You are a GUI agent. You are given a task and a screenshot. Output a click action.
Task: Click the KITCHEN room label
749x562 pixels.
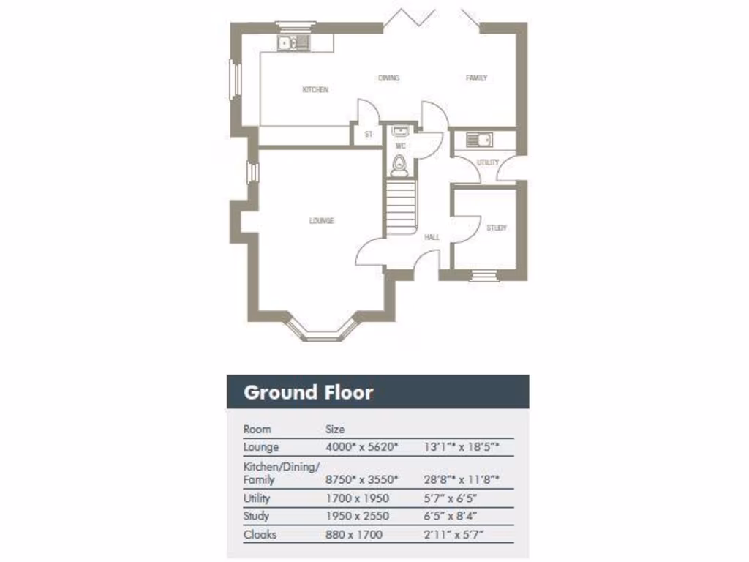coord(315,90)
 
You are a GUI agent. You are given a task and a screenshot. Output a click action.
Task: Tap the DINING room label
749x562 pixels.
coord(389,78)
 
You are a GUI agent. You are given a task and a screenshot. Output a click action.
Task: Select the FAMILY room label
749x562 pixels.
coord(477,78)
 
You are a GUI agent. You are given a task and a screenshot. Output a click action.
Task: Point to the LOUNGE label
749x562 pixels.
coord(321,220)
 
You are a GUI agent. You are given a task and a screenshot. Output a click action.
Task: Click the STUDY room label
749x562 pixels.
coord(497,228)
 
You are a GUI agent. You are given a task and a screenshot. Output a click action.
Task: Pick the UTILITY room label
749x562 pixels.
coord(488,162)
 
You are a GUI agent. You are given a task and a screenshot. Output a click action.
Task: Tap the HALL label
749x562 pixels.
coord(432,237)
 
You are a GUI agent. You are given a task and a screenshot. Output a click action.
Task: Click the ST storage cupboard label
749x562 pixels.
coord(369,135)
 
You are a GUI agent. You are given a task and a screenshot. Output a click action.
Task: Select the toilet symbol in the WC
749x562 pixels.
coord(399,168)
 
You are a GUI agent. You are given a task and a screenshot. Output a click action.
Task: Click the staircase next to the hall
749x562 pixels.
coord(400,207)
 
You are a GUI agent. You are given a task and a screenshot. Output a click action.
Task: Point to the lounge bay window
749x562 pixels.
coord(323,329)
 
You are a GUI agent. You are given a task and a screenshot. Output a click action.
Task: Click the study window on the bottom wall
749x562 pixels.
coord(482,275)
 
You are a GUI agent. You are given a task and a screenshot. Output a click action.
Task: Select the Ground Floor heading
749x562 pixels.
coord(308,392)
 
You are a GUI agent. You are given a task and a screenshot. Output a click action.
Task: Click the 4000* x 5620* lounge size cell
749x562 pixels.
coord(361,446)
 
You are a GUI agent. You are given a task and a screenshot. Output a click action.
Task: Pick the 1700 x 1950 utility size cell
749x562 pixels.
coord(357,498)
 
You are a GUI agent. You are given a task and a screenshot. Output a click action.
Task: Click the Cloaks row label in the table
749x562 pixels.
coord(260,534)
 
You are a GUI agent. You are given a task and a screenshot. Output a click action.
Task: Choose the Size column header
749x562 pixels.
coord(335,430)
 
